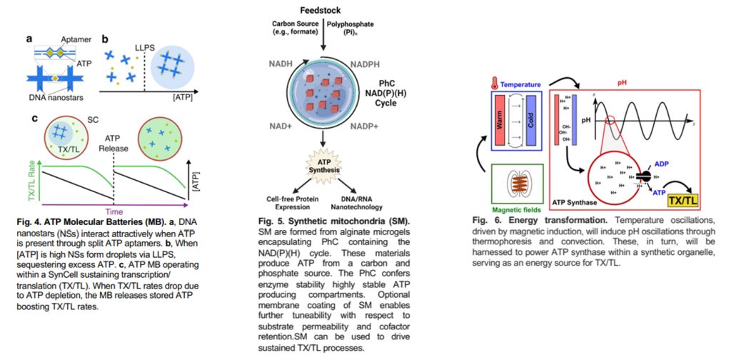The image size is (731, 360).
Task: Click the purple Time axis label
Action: (x=114, y=211)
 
